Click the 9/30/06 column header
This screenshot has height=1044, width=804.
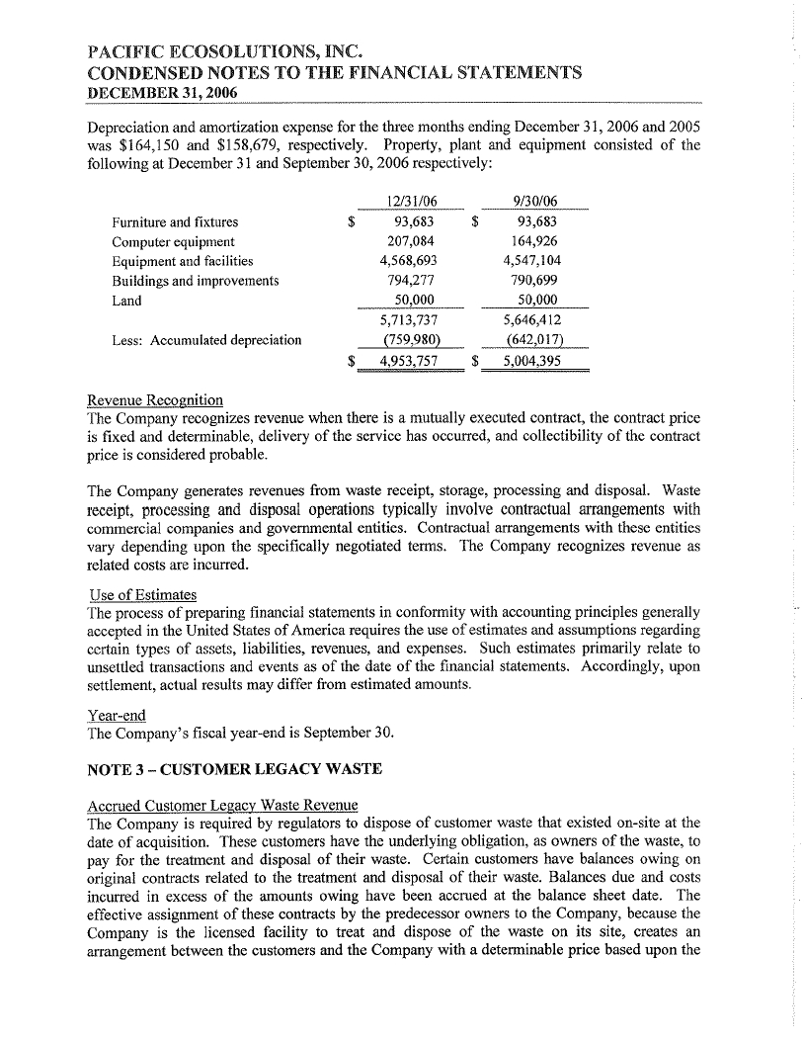(533, 202)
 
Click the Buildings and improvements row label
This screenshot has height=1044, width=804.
(196, 281)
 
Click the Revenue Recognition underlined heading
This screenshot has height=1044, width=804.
(155, 399)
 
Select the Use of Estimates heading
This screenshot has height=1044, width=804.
(142, 594)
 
